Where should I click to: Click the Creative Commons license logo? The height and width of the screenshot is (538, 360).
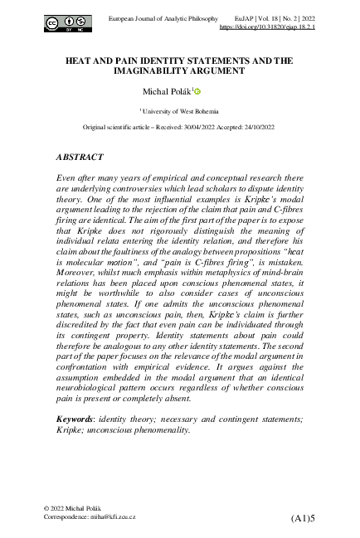pyautogui.click(x=68, y=22)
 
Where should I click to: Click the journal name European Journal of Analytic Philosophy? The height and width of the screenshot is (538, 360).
pyautogui.click(x=163, y=17)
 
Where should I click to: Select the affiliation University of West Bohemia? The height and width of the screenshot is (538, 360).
pyautogui.click(x=182, y=109)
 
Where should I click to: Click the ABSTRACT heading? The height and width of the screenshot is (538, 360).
pyautogui.click(x=80, y=156)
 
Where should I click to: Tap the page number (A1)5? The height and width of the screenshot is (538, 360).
pyautogui.click(x=304, y=518)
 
